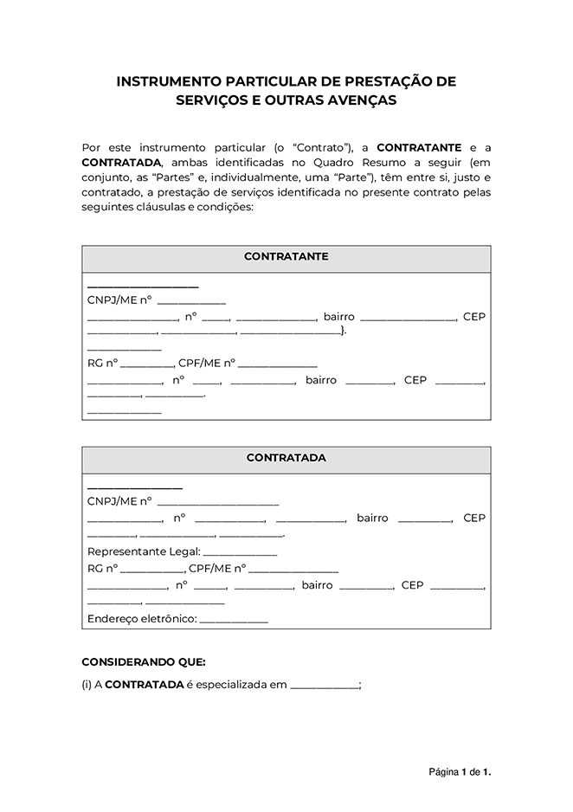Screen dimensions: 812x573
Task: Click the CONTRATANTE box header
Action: [x=286, y=257]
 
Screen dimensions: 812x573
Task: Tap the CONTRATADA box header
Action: [x=286, y=458]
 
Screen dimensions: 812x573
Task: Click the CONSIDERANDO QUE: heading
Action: [x=144, y=662]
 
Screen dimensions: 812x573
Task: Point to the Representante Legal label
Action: [x=144, y=551]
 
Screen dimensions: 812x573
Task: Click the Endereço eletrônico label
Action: [x=142, y=619]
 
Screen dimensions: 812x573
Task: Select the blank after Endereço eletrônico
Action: [x=234, y=620]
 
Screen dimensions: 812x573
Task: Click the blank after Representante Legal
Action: [x=240, y=552]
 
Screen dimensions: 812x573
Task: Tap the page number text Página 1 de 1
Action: [x=460, y=770]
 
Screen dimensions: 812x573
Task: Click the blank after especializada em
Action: [x=325, y=686]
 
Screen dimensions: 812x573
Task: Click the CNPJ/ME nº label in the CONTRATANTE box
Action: [x=119, y=300]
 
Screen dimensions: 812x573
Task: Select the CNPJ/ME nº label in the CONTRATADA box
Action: [x=119, y=500]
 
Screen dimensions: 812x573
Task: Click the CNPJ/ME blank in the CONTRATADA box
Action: [x=218, y=501]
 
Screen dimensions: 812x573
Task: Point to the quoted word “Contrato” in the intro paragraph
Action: [x=325, y=148]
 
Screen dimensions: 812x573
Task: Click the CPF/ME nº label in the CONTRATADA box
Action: [x=217, y=569]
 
